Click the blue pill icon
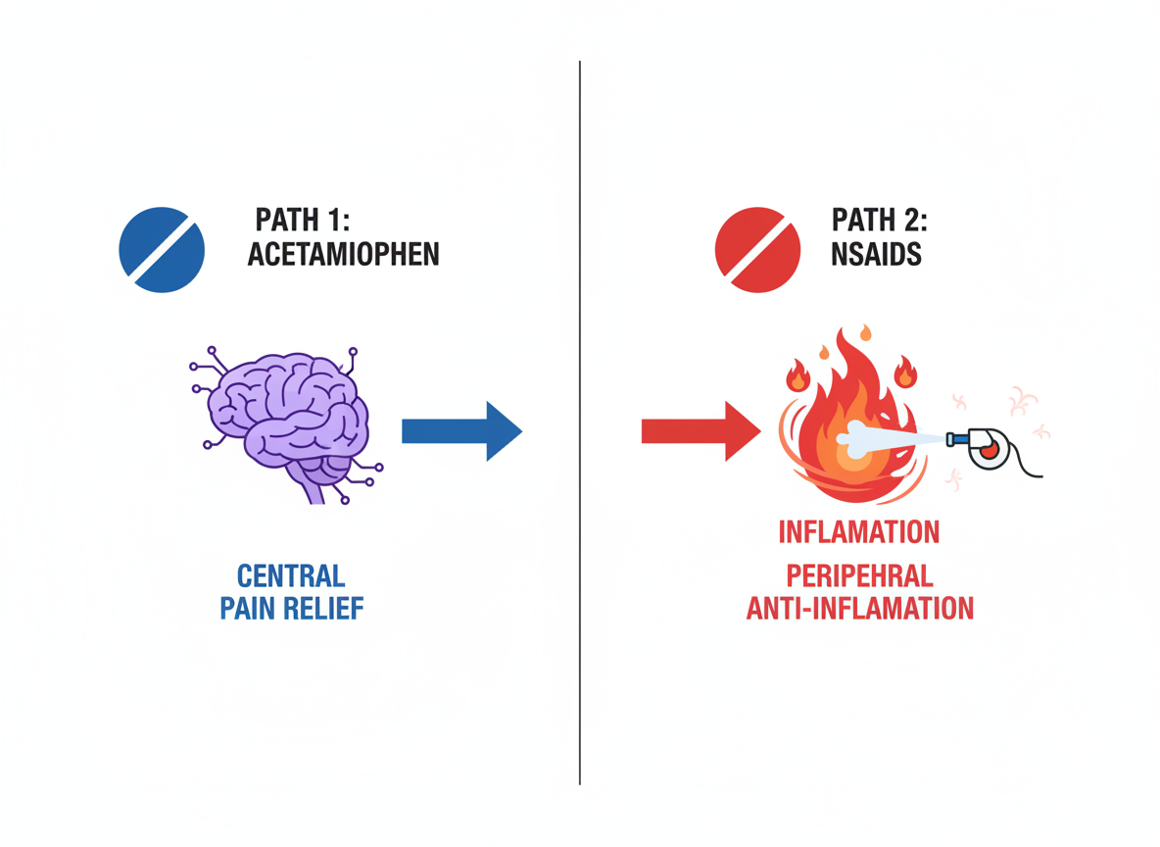tap(162, 250)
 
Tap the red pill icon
tap(758, 250)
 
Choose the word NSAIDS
tap(875, 255)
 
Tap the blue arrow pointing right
tap(461, 430)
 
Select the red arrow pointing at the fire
tap(700, 430)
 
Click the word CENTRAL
tap(291, 574)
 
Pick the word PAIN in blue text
tap(248, 608)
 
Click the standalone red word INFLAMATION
tap(859, 532)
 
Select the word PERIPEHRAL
tap(859, 574)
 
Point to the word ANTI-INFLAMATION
tap(859, 608)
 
